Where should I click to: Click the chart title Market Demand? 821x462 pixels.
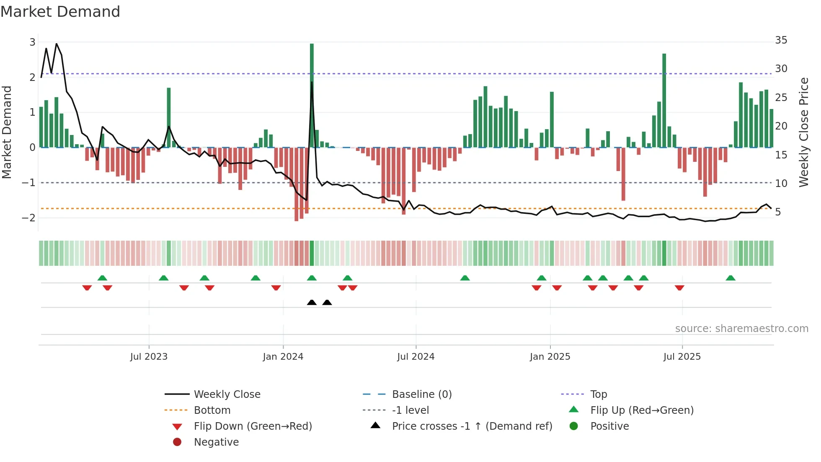pyautogui.click(x=60, y=12)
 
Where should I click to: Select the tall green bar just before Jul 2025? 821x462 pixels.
pyautogui.click(x=664, y=101)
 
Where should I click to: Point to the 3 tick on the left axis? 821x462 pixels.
pyautogui.click(x=32, y=42)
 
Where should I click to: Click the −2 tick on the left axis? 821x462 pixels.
pyautogui.click(x=29, y=218)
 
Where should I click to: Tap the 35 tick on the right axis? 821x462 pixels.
pyautogui.click(x=781, y=40)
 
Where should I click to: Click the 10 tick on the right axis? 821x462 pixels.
pyautogui.click(x=781, y=183)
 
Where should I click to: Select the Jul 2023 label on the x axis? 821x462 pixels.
pyautogui.click(x=149, y=357)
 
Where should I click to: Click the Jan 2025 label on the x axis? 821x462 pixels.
pyautogui.click(x=550, y=357)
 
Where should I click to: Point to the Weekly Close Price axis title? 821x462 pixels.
pyautogui.click(x=803, y=132)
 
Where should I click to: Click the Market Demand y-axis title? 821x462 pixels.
pyautogui.click(x=7, y=132)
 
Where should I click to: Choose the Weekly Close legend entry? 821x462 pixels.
pyautogui.click(x=227, y=395)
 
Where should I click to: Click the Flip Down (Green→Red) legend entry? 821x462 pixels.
pyautogui.click(x=253, y=426)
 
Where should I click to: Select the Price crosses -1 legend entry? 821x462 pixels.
pyautogui.click(x=472, y=426)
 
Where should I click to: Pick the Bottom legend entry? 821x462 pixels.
pyautogui.click(x=212, y=410)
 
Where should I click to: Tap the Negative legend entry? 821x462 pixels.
pyautogui.click(x=216, y=442)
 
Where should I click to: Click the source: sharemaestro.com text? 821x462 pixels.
pyautogui.click(x=741, y=329)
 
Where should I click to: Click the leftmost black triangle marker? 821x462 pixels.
pyautogui.click(x=312, y=302)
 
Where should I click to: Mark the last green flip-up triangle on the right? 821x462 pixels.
pyautogui.click(x=731, y=278)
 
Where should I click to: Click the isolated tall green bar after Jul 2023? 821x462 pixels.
pyautogui.click(x=169, y=117)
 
